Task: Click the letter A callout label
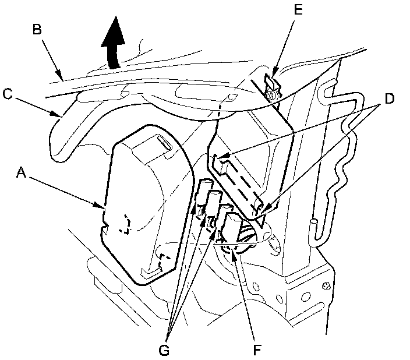click(22, 172)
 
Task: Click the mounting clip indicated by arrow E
click(270, 88)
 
